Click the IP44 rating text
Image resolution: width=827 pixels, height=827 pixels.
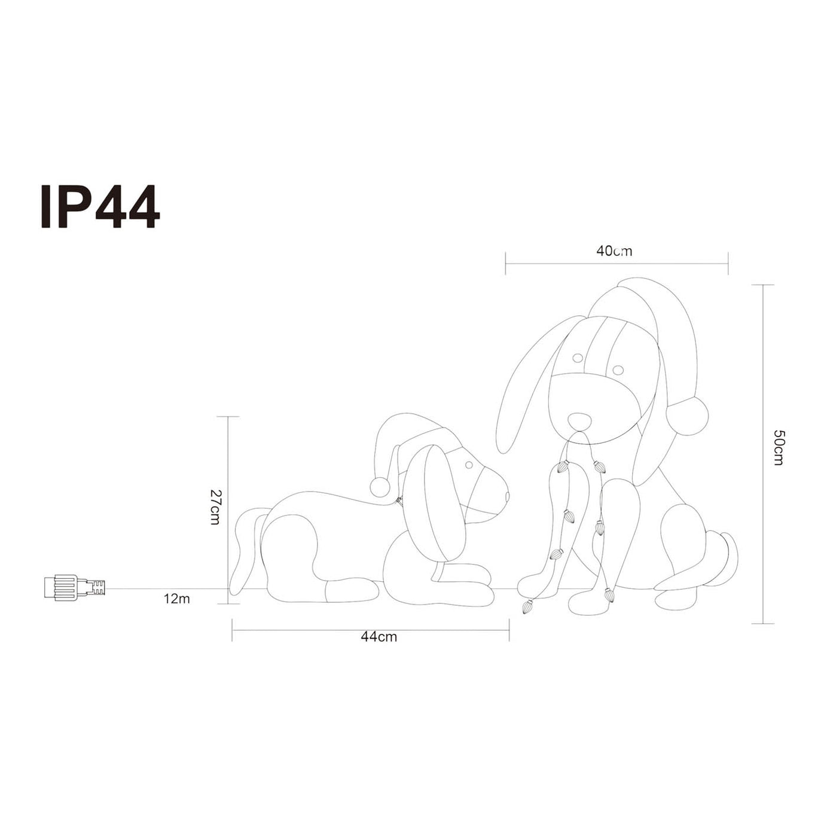coord(100,207)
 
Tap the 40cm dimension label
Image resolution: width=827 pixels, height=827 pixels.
coord(614,251)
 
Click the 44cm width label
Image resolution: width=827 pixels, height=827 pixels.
coord(379,636)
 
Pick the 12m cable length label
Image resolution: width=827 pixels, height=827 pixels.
coord(176,599)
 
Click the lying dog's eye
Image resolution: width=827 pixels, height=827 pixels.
coord(469,465)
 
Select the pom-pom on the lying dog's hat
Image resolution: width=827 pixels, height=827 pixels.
coord(380,487)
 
